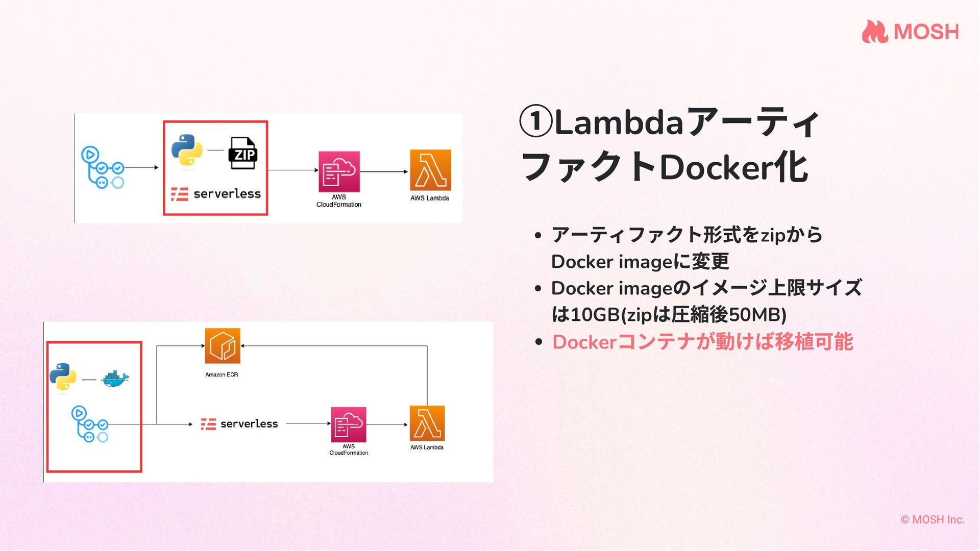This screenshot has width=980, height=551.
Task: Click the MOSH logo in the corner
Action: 910,32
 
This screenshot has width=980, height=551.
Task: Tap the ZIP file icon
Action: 243,153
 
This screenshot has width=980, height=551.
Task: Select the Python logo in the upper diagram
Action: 187,150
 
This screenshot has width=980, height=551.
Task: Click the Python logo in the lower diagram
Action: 63,377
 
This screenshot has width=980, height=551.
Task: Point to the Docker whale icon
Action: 115,379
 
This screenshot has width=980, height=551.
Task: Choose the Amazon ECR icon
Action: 222,346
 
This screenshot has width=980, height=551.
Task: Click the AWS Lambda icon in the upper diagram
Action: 430,170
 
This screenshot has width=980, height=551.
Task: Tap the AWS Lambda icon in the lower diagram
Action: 427,423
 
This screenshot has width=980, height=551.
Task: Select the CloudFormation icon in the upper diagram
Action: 339,171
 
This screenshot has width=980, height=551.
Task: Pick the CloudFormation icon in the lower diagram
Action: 349,424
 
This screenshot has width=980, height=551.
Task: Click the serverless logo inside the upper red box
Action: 215,194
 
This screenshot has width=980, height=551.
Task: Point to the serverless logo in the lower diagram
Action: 239,424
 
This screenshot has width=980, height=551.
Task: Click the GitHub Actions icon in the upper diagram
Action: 103,167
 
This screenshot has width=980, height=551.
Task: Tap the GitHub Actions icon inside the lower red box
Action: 90,424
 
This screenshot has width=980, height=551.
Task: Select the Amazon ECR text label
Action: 222,374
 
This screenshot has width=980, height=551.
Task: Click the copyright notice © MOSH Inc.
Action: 933,519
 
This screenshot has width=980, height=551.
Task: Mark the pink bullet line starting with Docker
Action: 702,342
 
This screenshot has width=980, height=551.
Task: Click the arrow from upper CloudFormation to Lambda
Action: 384,171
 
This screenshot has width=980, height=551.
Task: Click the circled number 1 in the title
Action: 535,122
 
